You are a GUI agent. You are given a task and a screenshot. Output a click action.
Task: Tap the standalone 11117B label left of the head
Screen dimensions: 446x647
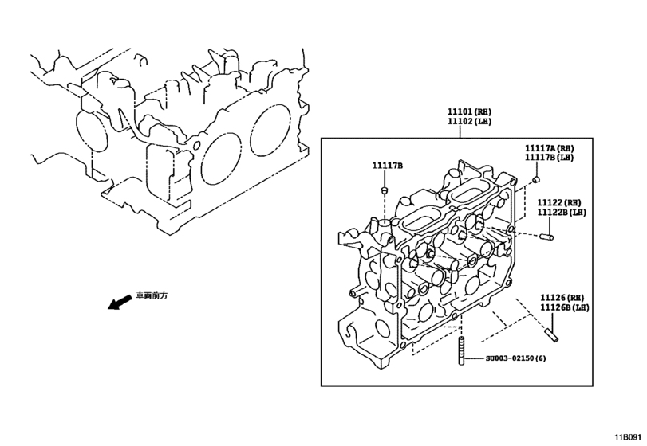click(388, 165)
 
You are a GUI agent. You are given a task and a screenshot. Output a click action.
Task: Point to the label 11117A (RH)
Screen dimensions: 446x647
click(549, 148)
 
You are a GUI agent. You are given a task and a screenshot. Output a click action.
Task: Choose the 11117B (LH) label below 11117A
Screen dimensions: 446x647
click(549, 158)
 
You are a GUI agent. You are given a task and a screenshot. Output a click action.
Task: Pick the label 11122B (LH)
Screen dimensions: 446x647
click(561, 213)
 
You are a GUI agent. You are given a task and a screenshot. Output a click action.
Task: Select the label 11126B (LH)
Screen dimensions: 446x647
click(564, 307)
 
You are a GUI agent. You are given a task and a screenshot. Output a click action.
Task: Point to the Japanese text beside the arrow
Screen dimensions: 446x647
click(152, 295)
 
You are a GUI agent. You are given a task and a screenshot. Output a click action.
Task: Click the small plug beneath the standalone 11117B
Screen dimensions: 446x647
click(383, 190)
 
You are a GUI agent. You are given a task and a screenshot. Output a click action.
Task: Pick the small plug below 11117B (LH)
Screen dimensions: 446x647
click(535, 180)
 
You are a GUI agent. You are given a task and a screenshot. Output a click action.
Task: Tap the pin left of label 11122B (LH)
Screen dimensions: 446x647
click(548, 236)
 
